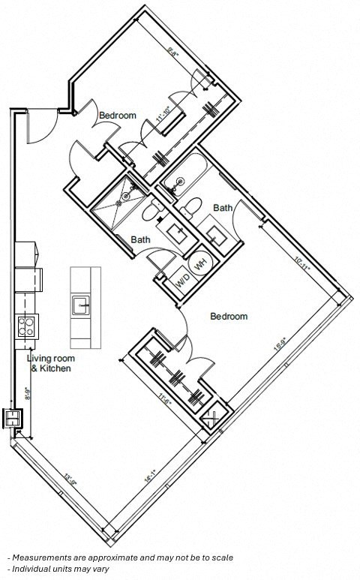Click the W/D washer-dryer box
click(x=182, y=281)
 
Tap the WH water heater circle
click(x=201, y=264)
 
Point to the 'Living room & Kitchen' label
click(x=49, y=363)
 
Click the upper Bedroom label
click(x=118, y=116)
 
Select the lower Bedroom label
click(x=229, y=317)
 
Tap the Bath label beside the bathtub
click(x=223, y=208)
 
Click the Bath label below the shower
click(x=140, y=240)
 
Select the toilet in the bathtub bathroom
click(x=193, y=204)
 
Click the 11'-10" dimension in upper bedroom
click(x=160, y=114)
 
